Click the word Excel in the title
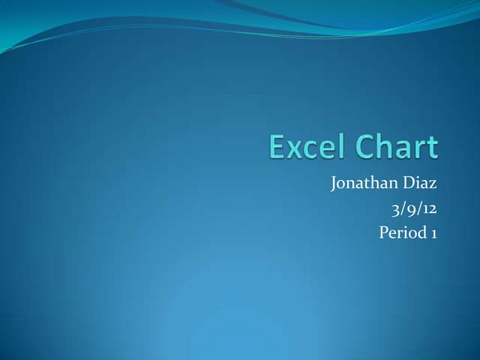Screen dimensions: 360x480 tap(304, 147)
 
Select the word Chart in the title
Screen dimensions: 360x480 tap(394, 147)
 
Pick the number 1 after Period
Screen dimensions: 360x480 tap(433, 232)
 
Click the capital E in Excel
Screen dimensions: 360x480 tap(277, 147)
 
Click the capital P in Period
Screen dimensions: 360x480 tap(384, 232)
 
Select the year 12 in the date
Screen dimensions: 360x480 tap(428, 208)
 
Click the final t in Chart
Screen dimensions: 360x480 tap(430, 148)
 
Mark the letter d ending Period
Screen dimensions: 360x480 tap(422, 232)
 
